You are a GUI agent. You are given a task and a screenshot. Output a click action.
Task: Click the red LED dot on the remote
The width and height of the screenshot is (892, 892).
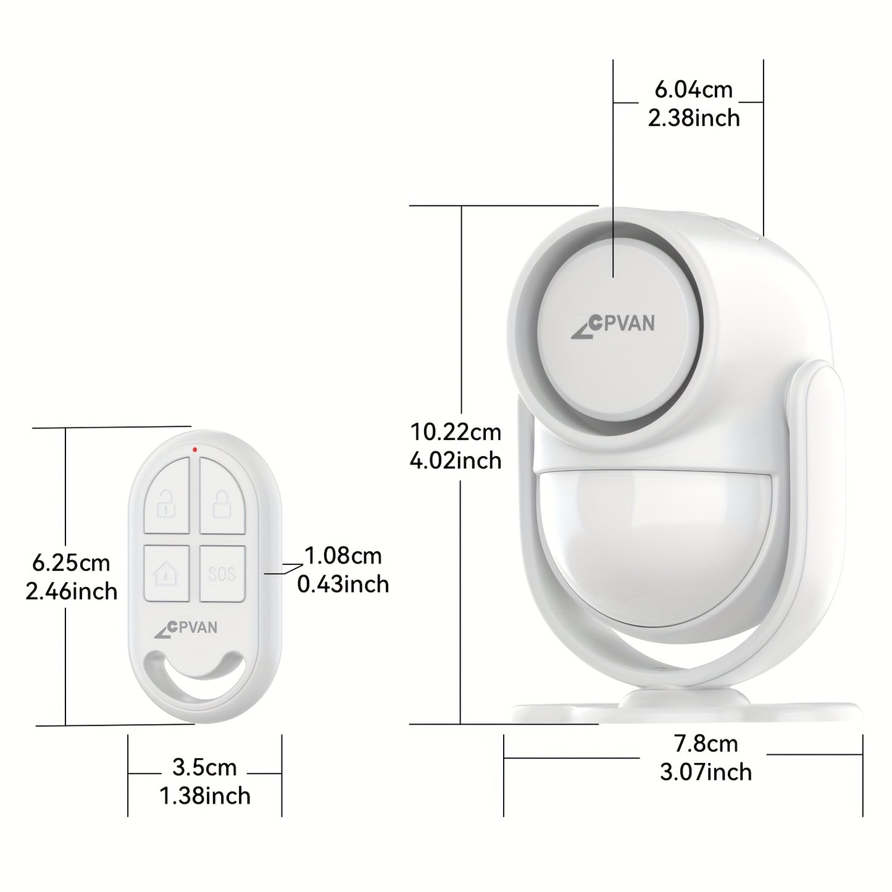195,449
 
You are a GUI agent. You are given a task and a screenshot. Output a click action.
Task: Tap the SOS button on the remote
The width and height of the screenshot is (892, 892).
222,573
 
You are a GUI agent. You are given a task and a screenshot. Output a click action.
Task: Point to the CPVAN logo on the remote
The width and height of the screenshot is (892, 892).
186,628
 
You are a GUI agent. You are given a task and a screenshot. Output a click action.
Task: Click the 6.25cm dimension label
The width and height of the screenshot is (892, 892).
71,562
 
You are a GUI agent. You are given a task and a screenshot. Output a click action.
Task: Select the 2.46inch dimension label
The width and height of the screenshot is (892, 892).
71,591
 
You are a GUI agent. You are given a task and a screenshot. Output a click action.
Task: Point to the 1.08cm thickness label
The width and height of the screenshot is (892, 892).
343,556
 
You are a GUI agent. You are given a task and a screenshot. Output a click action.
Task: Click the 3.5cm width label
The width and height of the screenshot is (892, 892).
204,767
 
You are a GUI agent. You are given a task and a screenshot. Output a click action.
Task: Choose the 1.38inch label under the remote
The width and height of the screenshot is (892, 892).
205,796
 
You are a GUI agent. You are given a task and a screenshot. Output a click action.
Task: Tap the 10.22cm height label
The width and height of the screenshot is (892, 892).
456,431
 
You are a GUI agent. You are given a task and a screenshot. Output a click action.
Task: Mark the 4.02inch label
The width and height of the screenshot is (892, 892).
456,461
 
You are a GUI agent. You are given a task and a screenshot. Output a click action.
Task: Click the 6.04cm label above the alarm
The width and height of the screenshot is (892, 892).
693,90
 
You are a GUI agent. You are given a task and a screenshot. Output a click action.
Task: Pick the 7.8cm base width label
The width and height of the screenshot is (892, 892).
706,743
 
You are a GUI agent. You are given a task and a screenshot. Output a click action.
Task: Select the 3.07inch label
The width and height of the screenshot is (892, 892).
706,772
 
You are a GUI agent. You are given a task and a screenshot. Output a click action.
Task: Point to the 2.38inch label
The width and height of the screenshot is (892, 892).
694,118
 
